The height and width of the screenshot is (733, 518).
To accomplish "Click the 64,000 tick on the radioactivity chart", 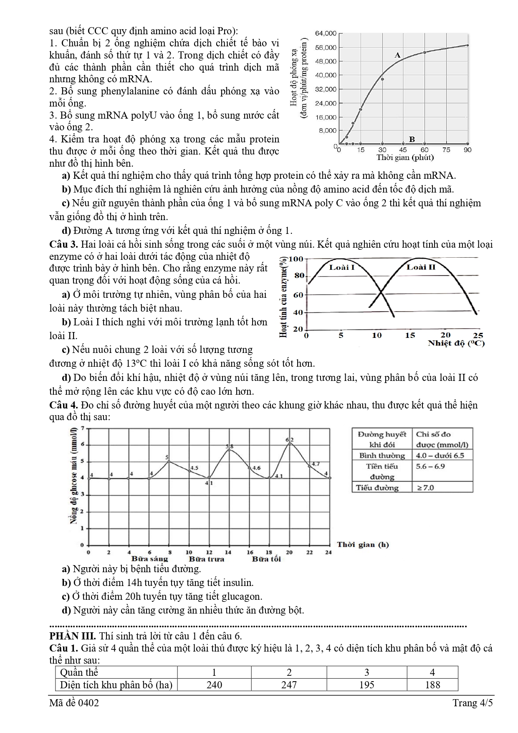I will coord(326,33).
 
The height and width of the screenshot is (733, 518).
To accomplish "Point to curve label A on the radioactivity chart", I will coord(397,55).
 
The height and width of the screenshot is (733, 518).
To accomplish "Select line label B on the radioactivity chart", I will coord(412,139).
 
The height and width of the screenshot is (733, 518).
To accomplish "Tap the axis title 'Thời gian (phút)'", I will coord(405,157).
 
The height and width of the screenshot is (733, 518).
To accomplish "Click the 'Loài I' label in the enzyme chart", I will coord(342,267).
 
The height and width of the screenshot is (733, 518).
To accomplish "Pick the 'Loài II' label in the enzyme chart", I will coord(421,267).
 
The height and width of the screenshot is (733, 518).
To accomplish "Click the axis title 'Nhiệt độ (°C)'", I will coord(456,343).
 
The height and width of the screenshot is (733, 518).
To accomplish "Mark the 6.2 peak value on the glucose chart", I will coord(290,439).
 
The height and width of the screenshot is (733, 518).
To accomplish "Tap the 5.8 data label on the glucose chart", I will coord(230,446).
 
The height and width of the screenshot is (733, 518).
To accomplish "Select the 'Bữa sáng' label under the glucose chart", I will coord(149,559).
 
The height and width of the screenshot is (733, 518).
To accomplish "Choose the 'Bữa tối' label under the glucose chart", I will coord(266,559).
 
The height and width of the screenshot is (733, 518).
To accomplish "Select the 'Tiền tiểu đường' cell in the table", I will coord(382,472).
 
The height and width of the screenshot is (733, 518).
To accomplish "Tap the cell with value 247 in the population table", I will coord(289,685).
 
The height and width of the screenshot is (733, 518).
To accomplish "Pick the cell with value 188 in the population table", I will coord(432,685).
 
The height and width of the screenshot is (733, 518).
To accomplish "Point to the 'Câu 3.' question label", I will coord(63,244).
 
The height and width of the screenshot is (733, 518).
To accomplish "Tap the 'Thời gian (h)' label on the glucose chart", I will coord(363,544).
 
